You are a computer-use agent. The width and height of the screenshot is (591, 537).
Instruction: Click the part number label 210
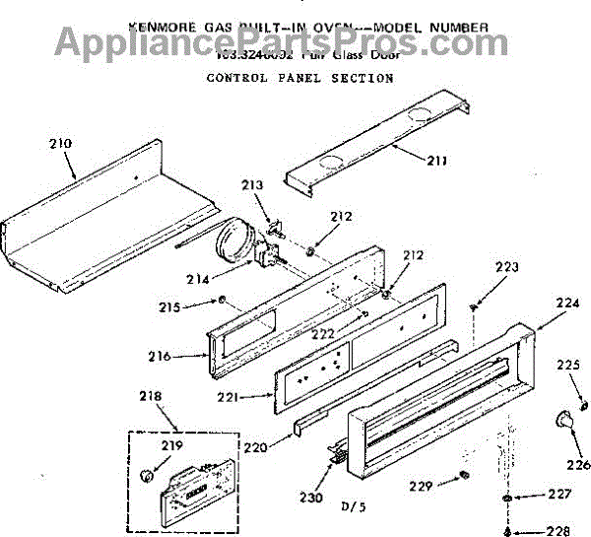click(x=60, y=143)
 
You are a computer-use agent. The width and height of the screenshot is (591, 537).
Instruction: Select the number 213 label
click(x=253, y=184)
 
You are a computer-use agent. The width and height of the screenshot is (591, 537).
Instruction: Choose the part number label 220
click(x=255, y=446)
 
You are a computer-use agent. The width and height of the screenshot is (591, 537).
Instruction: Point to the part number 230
click(x=311, y=498)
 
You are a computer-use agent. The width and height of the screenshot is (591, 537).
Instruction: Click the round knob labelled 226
click(x=565, y=421)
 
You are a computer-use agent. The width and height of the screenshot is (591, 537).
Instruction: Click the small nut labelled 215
click(x=225, y=301)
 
